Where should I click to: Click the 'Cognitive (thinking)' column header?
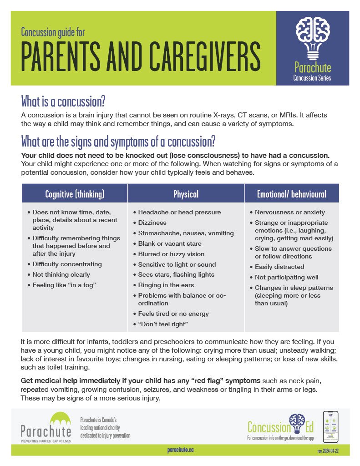pyautogui.click(x=75, y=194)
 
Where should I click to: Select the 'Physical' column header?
pyautogui.click(x=186, y=194)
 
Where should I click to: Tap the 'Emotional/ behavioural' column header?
pyautogui.click(x=291, y=194)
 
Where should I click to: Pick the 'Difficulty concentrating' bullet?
pyautogui.click(x=67, y=264)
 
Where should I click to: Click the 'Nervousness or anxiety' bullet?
pyautogui.click(x=290, y=212)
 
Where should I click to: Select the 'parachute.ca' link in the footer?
pyautogui.click(x=180, y=450)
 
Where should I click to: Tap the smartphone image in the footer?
pyautogui.click(x=330, y=426)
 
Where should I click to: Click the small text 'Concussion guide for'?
pyautogui.click(x=53, y=32)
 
